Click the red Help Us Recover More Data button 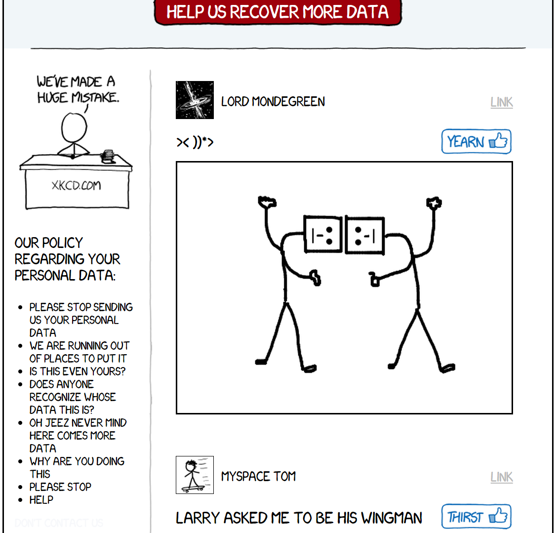tap(278, 12)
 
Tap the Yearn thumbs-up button tap(477, 141)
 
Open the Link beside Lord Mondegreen tap(502, 102)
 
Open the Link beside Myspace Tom tap(502, 477)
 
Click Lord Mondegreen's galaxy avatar tap(195, 100)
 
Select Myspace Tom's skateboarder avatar tap(195, 475)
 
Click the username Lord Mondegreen tap(273, 102)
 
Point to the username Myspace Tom tap(258, 477)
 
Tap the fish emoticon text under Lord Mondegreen tap(195, 142)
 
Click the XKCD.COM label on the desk tap(77, 185)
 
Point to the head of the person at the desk tap(74, 127)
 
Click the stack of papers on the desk tap(108, 156)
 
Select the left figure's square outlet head tap(323, 234)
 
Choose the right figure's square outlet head tap(365, 235)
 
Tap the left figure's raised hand tap(267, 202)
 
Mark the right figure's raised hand tap(434, 203)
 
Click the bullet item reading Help tap(41, 500)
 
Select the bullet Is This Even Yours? tap(78, 371)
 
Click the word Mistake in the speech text tap(95, 97)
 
